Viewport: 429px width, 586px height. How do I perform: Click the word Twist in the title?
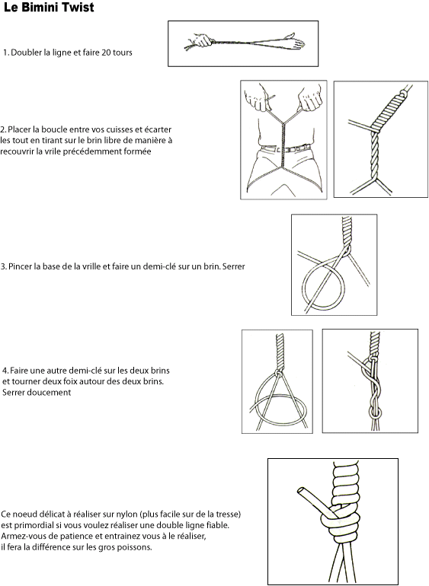click(78, 8)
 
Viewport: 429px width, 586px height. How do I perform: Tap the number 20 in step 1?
click(107, 53)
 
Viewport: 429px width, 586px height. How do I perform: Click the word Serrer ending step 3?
click(234, 266)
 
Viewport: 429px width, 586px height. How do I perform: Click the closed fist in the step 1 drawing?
click(203, 40)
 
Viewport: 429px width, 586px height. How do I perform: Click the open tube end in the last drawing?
click(300, 491)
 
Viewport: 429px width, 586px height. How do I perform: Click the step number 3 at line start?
click(2, 267)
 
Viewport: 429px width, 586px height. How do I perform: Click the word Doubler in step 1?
click(26, 53)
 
